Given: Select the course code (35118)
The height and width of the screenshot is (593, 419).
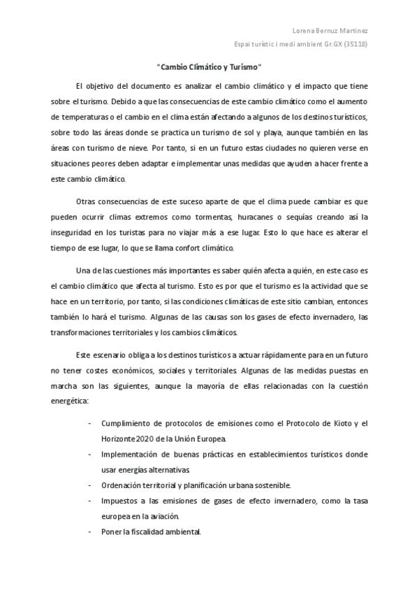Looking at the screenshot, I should [354, 44].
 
